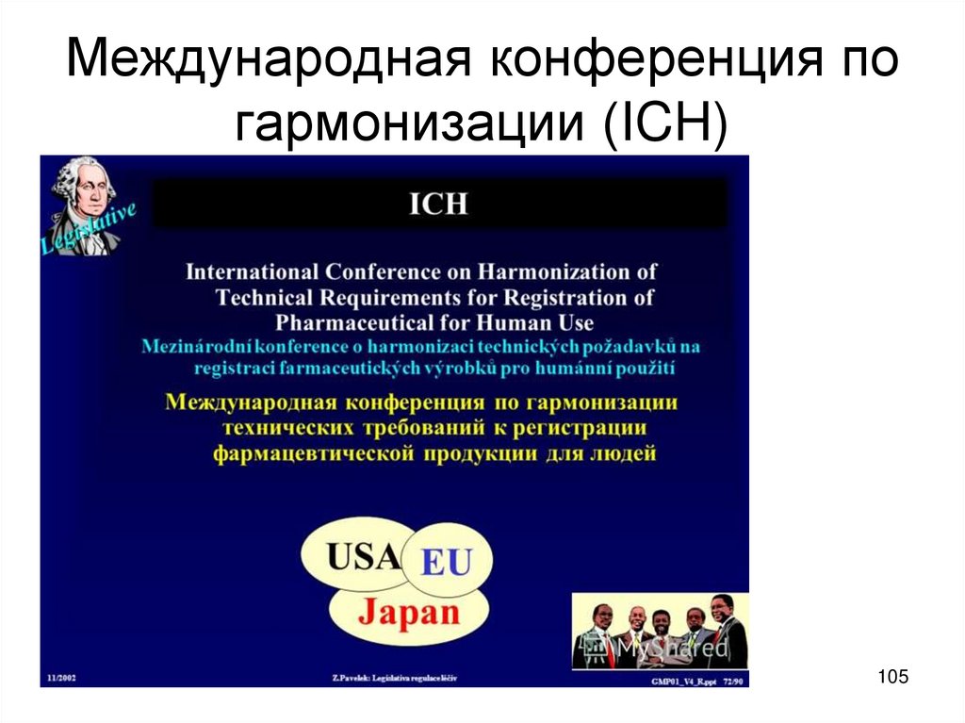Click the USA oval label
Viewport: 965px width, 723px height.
364,557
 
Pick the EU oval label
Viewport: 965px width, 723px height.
444,564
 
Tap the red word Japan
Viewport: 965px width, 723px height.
407,614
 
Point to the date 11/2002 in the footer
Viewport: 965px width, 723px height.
62,678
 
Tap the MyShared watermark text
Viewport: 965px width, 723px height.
673,649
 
